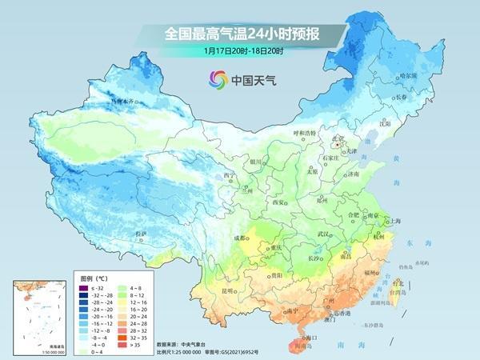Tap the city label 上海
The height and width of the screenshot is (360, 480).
pos(394,220)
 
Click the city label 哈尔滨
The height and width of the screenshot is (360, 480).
pos(410,75)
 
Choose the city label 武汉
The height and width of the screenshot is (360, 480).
pos(324,234)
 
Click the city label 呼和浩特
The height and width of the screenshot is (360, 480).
pos(304,131)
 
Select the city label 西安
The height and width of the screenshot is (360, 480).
pos(280,202)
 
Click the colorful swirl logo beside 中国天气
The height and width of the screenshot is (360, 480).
pos(218,79)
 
